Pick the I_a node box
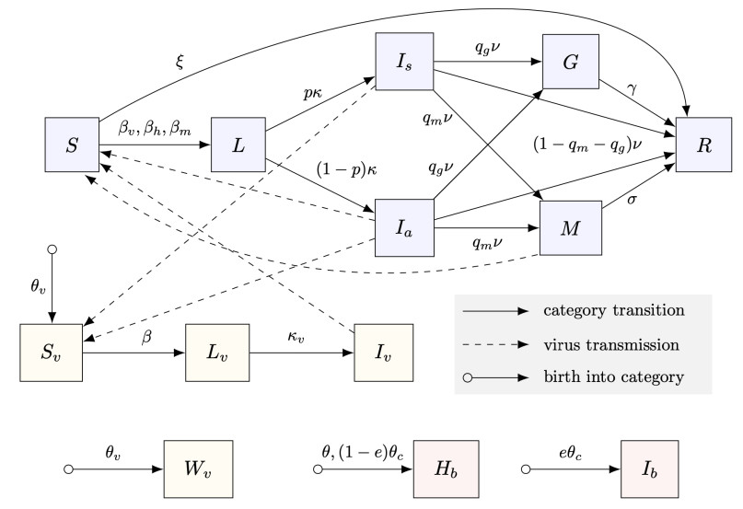tap(406, 229)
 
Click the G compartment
tap(571, 64)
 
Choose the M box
tap(571, 229)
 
